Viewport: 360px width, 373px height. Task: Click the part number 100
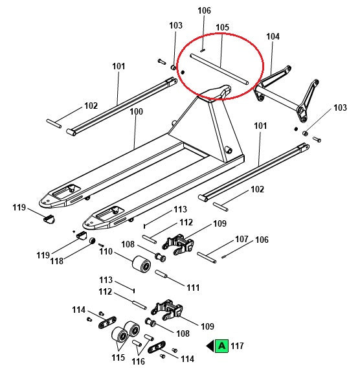[136, 111]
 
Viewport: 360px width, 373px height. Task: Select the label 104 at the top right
[273, 37]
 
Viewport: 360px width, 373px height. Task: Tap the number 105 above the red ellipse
[222, 27]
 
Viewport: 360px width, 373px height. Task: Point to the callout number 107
[242, 239]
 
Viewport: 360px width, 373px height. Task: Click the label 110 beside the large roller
[106, 251]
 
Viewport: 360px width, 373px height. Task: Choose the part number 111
[193, 287]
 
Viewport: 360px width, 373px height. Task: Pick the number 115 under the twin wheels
[118, 357]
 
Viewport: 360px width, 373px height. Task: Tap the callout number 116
[138, 361]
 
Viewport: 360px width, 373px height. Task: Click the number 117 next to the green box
[237, 346]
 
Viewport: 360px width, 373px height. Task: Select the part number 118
[57, 260]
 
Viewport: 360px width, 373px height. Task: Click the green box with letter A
[221, 346]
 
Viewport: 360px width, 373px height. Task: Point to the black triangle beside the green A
[210, 346]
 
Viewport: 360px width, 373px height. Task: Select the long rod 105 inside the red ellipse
[219, 69]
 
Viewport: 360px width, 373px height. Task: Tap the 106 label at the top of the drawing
[204, 10]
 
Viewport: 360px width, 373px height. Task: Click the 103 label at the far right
[339, 107]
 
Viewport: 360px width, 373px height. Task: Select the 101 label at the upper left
[118, 66]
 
